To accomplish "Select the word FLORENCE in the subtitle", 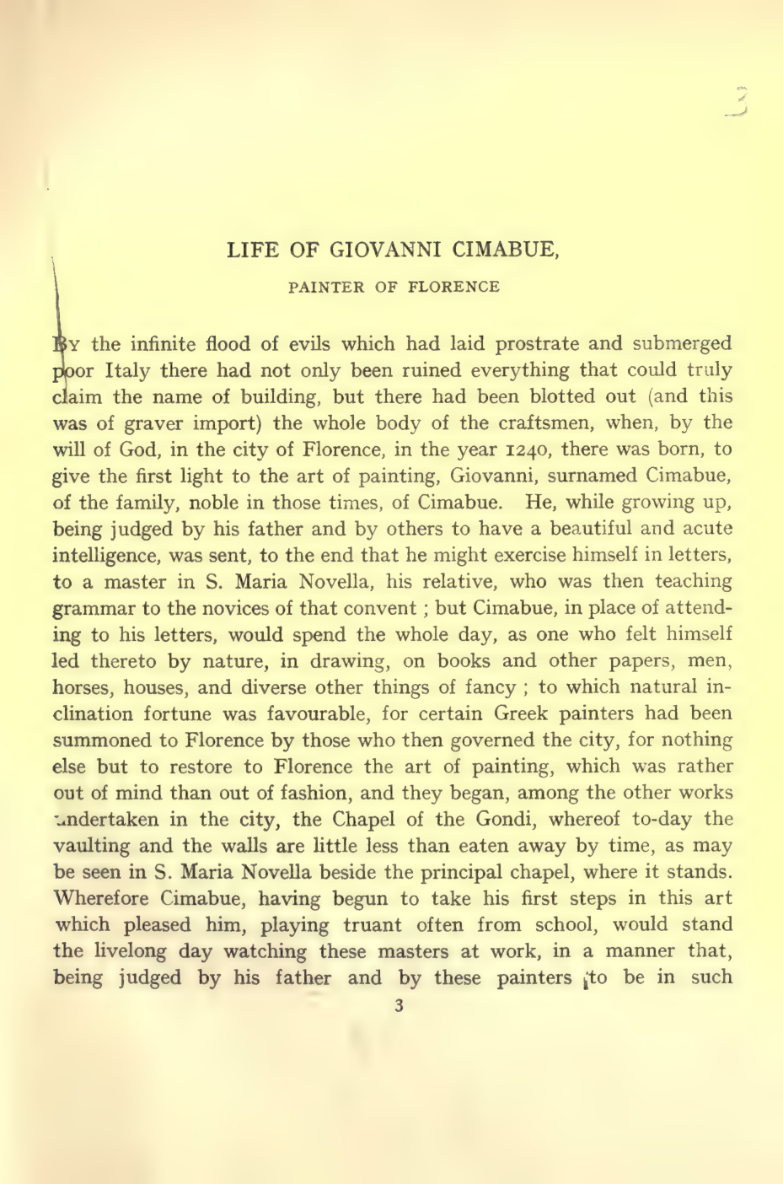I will pos(453,287).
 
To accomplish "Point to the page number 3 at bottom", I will pos(399,1005).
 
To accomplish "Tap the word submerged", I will pos(682,344).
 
